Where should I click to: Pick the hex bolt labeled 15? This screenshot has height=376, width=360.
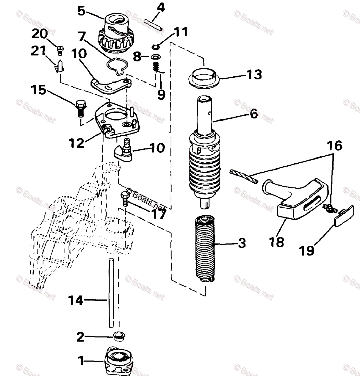tap(80, 107)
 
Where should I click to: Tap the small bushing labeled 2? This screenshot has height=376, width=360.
tap(119, 337)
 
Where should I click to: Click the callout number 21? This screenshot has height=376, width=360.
tap(38, 51)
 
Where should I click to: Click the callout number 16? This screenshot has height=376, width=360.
tap(334, 146)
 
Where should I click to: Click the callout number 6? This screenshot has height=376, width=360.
tap(254, 113)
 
